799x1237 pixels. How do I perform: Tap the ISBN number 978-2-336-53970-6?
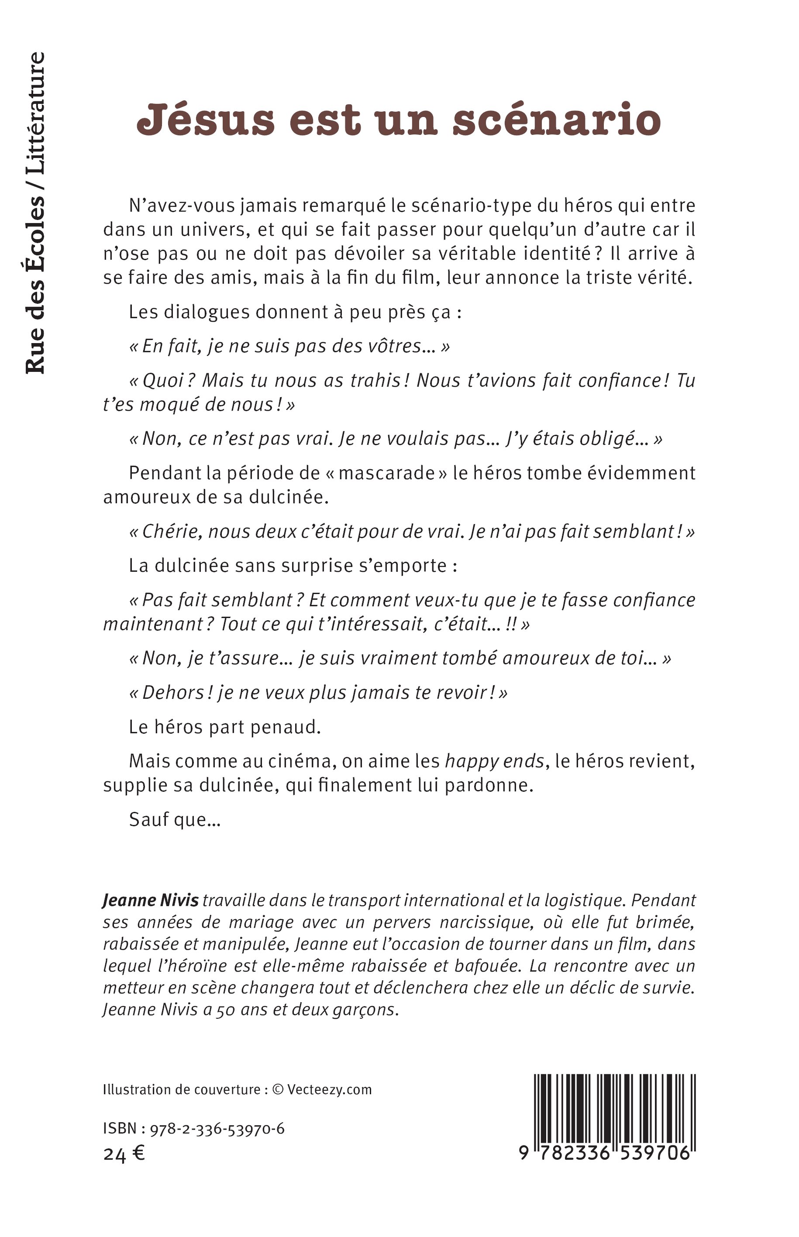tap(217, 1129)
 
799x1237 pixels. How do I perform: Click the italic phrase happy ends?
tap(494, 761)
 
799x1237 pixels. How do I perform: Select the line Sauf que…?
tap(175, 819)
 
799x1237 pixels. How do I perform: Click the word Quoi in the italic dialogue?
tap(163, 380)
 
